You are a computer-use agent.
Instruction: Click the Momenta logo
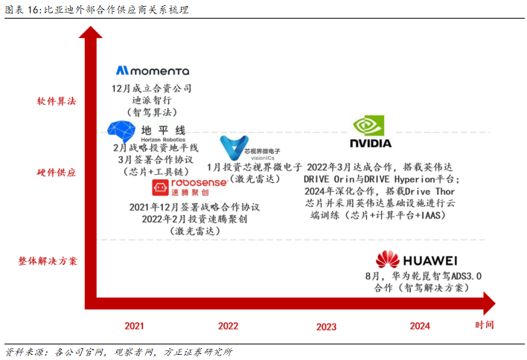pyautogui.click(x=153, y=71)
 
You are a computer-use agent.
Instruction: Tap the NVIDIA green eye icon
pyautogui.click(x=368, y=126)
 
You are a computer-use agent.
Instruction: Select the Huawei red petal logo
pyautogui.click(x=388, y=260)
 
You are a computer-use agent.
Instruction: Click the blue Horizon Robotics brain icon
pyautogui.click(x=121, y=132)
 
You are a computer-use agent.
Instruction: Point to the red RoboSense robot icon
pyautogui.click(x=160, y=187)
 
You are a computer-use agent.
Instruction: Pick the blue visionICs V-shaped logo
pyautogui.click(x=234, y=147)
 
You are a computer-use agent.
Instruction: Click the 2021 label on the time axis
pyautogui.click(x=134, y=326)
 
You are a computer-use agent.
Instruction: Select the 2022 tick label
pyautogui.click(x=228, y=326)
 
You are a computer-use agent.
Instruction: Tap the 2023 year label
pyautogui.click(x=326, y=327)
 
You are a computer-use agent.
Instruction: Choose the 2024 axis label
pyautogui.click(x=420, y=326)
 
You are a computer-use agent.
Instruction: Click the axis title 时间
pyautogui.click(x=485, y=325)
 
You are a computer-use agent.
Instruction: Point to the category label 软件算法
pyautogui.click(x=57, y=101)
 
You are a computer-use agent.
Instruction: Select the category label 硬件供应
pyautogui.click(x=56, y=173)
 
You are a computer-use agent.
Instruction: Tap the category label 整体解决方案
pyautogui.click(x=48, y=261)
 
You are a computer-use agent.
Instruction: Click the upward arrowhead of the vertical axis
pyautogui.click(x=90, y=32)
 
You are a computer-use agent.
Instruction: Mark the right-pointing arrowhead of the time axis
pyautogui.click(x=489, y=303)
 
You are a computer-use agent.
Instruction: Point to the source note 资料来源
pyautogui.click(x=25, y=352)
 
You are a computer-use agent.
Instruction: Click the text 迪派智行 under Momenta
pyautogui.click(x=152, y=100)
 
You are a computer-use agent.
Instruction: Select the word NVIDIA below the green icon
pyautogui.click(x=371, y=144)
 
